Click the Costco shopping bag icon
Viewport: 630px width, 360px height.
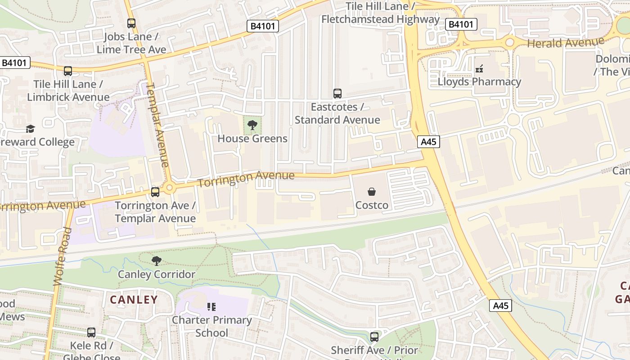(x=372, y=192)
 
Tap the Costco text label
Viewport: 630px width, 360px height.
(x=372, y=205)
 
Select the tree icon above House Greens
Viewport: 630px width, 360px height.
(x=252, y=125)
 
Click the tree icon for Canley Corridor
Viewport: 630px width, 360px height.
(x=157, y=261)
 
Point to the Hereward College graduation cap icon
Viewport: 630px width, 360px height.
(x=30, y=129)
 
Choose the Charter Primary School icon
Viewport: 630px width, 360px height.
(x=211, y=307)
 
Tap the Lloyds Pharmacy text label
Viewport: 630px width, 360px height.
(x=479, y=82)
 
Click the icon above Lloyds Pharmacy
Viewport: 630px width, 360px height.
(x=479, y=69)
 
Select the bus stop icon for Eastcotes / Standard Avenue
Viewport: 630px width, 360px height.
(x=337, y=94)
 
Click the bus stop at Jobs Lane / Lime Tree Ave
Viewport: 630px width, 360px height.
(x=131, y=23)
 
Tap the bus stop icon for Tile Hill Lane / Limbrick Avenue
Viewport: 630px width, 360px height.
(x=68, y=71)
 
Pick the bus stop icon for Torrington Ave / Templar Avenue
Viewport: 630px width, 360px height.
(x=155, y=192)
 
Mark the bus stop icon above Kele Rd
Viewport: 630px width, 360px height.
(x=91, y=333)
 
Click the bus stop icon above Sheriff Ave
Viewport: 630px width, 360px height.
(x=374, y=337)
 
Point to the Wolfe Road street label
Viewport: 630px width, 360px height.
(x=63, y=257)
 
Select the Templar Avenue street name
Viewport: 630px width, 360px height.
(x=158, y=125)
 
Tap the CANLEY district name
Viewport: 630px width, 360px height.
(x=134, y=300)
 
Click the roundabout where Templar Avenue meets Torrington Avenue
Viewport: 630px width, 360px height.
(x=170, y=188)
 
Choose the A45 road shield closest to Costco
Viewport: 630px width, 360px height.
(x=428, y=142)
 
